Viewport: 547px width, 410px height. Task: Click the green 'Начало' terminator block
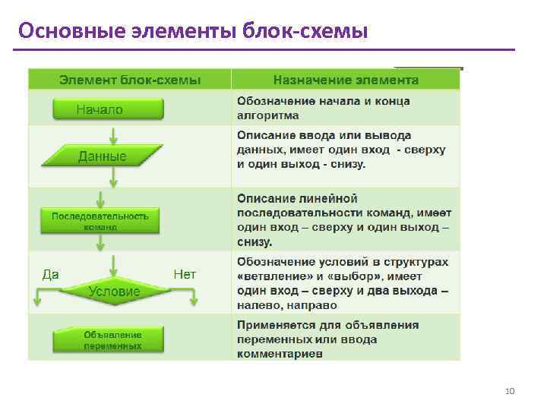108,109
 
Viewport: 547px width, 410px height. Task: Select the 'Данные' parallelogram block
104,156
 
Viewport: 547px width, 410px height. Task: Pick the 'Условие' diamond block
113,291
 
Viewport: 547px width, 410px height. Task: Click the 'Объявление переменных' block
107,339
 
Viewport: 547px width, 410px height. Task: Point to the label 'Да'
50,274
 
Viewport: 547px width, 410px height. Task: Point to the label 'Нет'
185,274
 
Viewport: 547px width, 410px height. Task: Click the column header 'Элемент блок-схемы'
130,80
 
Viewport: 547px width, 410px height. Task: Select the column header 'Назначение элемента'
346,80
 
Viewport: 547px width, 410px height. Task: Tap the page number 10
510,391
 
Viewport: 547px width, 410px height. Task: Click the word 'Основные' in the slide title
60,31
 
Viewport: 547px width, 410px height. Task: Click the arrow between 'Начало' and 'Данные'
113,135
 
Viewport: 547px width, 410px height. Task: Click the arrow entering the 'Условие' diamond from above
113,266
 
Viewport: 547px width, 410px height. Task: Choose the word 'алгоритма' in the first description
267,116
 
